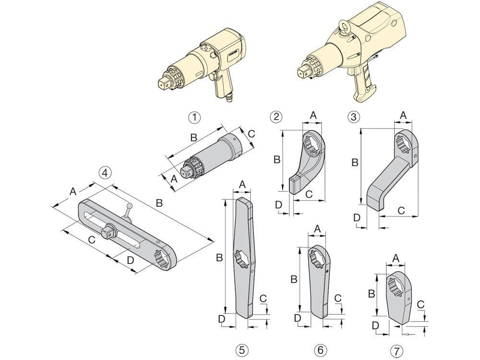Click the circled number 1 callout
coord(194,116)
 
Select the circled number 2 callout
coord(276,116)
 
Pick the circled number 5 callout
coord(243,349)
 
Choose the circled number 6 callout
coord(320,349)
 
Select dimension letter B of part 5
coord(219,258)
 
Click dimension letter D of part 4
coord(130,261)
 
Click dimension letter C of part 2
coord(310,193)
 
